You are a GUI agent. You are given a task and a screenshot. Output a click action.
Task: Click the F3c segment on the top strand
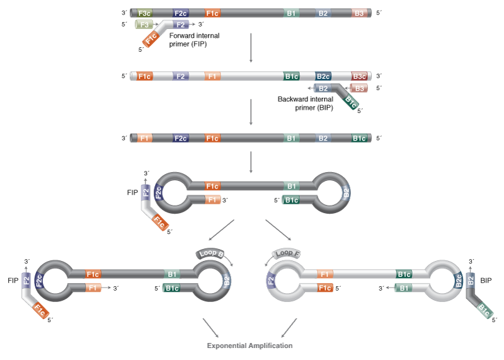click(144, 13)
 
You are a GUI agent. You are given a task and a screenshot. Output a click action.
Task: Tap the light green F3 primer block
click(144, 25)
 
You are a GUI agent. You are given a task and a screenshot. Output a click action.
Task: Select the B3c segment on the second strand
click(359, 76)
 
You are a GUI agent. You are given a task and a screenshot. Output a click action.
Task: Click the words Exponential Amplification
click(250, 345)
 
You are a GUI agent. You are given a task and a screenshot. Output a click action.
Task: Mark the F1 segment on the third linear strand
click(144, 138)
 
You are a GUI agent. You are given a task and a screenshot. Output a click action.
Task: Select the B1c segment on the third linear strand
click(359, 138)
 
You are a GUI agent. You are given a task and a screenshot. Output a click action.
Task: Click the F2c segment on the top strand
click(180, 13)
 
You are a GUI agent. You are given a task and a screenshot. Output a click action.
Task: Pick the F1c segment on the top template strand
click(213, 13)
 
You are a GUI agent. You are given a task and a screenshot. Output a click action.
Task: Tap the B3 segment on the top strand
click(359, 13)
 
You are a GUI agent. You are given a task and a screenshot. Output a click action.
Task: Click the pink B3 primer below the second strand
click(359, 89)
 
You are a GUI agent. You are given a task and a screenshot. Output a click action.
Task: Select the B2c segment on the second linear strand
click(323, 76)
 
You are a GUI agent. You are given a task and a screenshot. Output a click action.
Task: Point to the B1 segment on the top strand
click(291, 13)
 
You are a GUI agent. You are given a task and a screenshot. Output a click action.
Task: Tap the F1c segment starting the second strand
click(144, 76)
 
